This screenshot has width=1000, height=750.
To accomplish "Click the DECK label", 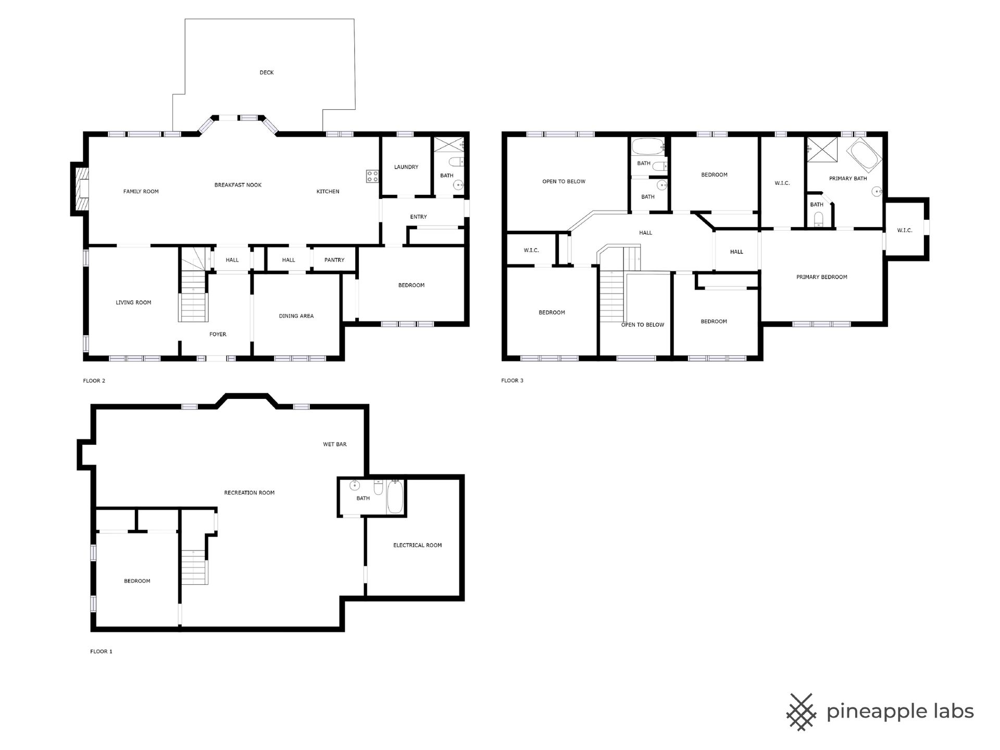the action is pos(266,72).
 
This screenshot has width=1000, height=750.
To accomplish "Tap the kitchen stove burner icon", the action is pos(372,176).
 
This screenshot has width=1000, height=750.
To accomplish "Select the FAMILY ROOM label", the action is pos(141,191).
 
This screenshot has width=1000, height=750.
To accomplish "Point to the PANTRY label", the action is pos(334,260).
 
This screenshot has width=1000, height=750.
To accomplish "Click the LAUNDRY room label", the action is pos(406,167).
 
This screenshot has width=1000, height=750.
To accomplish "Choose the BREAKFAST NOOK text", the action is pos(238,185).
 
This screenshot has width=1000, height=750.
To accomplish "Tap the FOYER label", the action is pos(218,334).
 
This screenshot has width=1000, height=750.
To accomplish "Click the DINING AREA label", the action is pos(296,316).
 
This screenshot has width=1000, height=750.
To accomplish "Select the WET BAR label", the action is pos(334,444).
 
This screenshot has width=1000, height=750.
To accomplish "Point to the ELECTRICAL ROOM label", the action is pos(417,545).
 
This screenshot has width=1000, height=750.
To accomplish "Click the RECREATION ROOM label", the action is pos(249,493).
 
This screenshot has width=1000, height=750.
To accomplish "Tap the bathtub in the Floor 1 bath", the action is pos(395,497).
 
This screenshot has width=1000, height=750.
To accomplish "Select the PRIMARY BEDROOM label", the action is pos(821,277).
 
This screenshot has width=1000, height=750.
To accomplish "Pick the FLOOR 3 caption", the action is pos(512,381).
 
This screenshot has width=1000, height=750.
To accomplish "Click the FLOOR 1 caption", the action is pos(101,652).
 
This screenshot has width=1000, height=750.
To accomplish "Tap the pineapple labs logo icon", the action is pos(801,712).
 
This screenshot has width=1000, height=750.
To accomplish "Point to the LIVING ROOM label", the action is pos(133,303).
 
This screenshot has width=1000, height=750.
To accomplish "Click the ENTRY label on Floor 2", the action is pos(418,217).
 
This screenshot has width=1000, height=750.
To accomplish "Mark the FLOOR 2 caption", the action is pos(94,381).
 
